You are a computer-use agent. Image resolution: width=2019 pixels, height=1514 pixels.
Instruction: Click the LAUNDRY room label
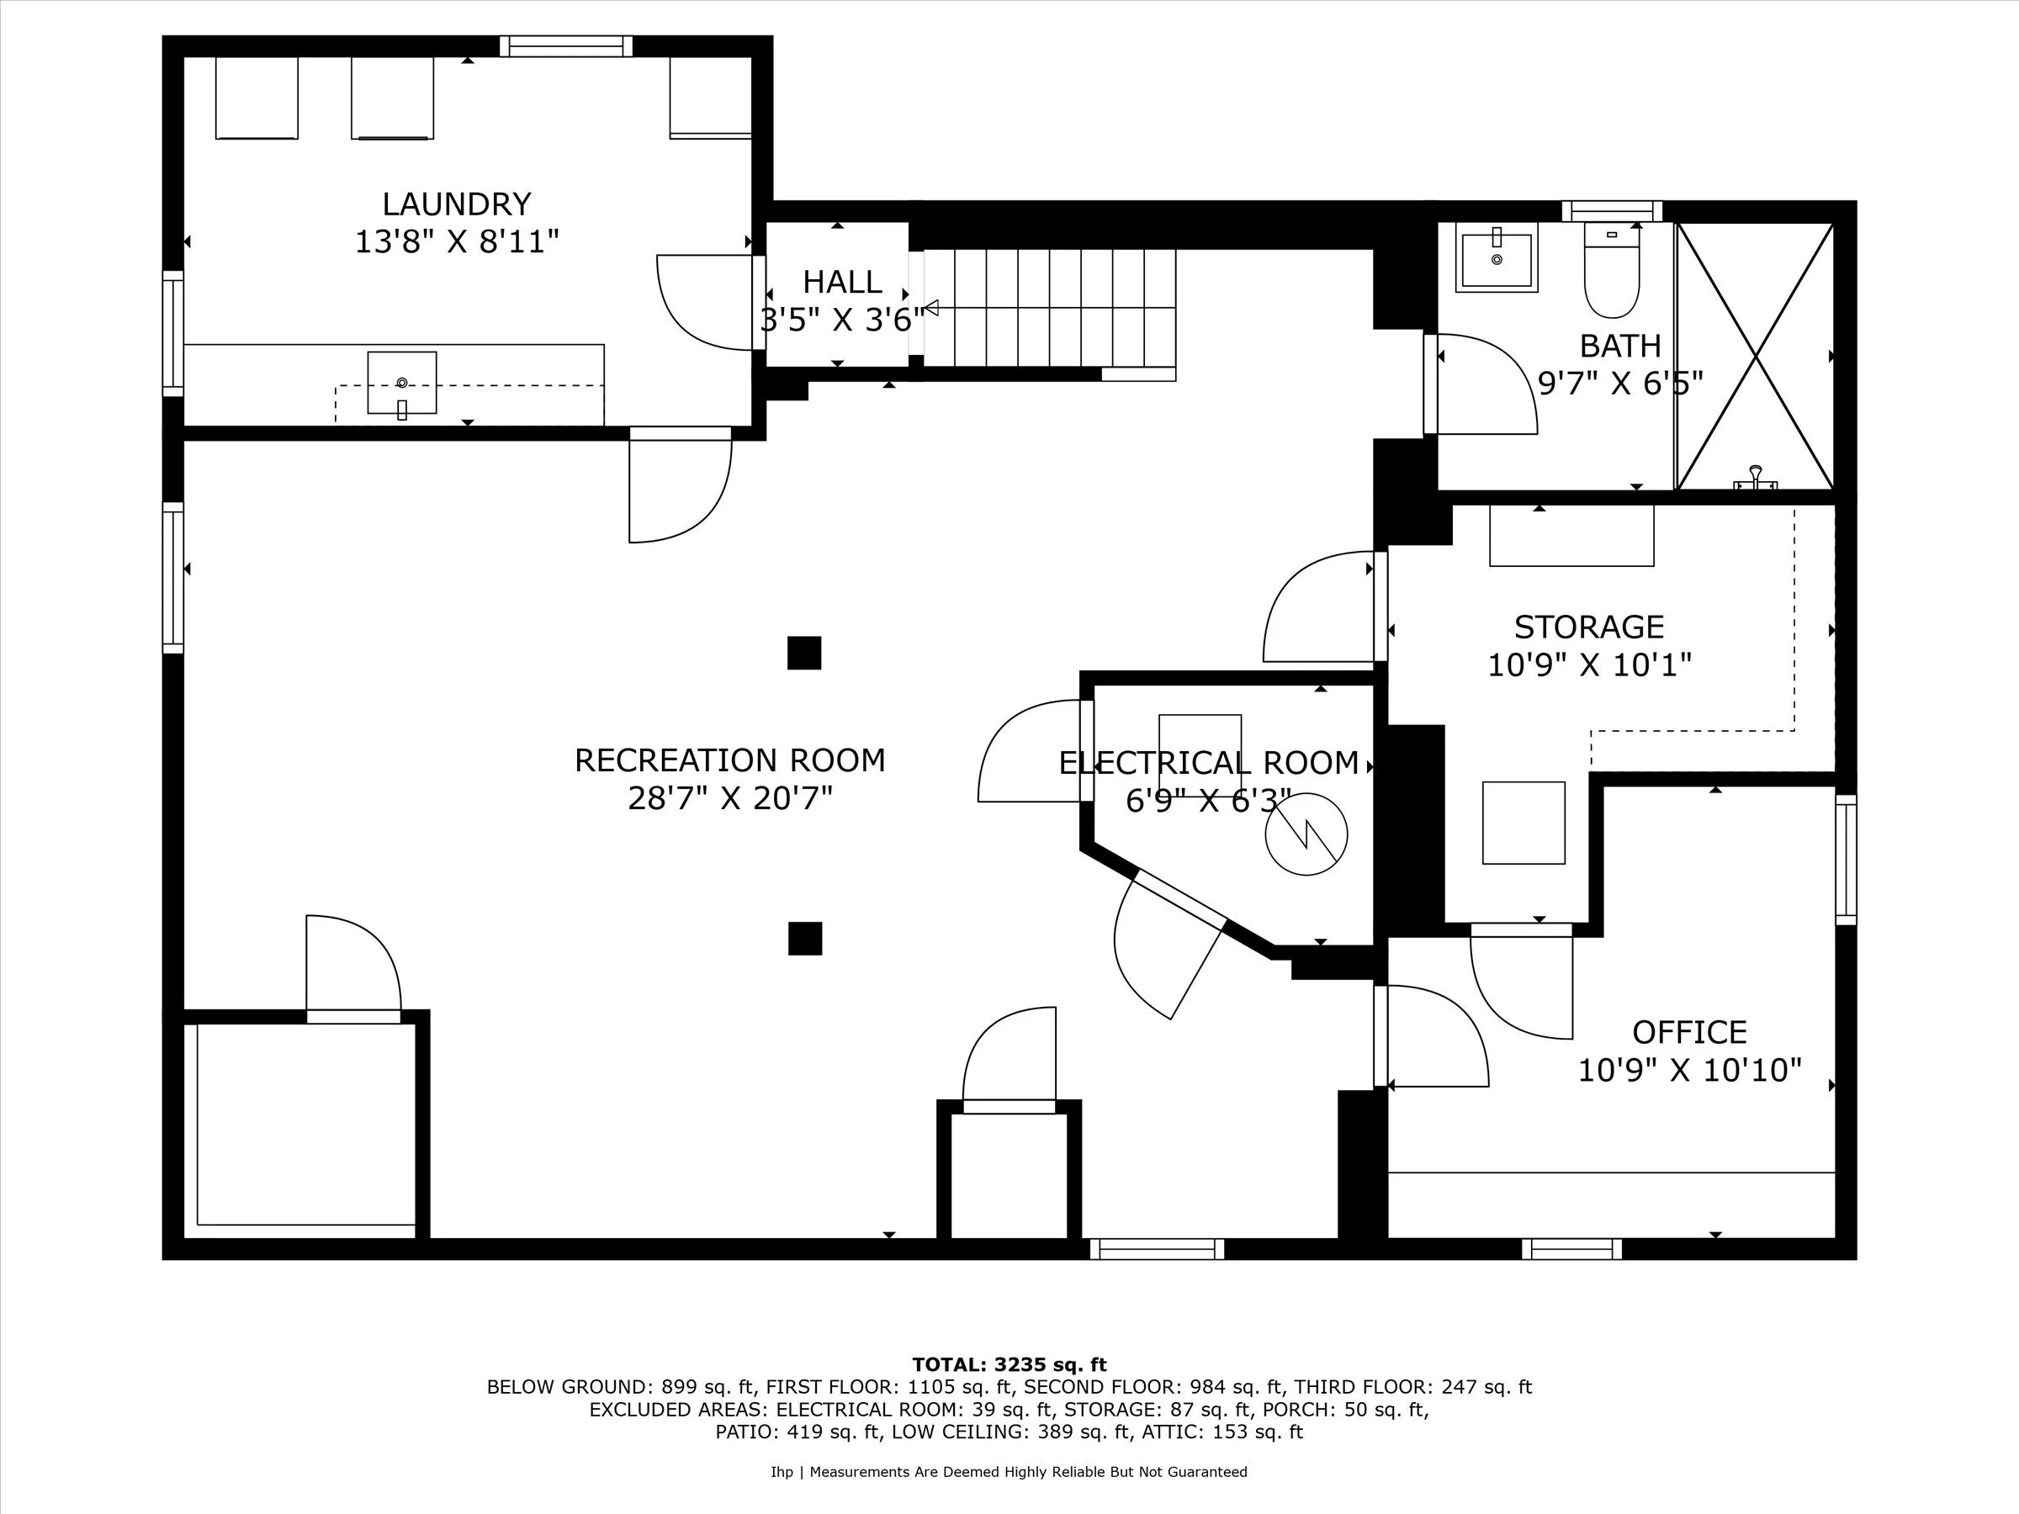pos(455,204)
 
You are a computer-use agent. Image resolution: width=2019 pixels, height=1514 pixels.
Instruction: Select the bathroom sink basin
pos(1496,260)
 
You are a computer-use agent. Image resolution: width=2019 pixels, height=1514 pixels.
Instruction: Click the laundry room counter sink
pos(401,384)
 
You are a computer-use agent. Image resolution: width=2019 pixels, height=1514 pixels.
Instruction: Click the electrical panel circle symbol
pos(1306,834)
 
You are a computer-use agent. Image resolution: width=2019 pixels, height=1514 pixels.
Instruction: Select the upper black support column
pos(804,653)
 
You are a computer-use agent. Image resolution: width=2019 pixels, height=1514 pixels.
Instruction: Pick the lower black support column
pos(805,938)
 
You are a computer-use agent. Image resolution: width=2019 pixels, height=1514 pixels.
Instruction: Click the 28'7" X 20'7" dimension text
pos(729,798)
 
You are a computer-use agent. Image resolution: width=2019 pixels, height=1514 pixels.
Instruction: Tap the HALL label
pos(841,282)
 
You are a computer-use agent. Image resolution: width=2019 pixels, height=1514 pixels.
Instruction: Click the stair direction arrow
pos(932,308)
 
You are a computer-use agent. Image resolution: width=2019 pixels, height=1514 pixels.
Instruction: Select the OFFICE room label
pos(1688,1032)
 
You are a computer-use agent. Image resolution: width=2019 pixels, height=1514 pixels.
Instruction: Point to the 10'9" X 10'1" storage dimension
pos(1589,665)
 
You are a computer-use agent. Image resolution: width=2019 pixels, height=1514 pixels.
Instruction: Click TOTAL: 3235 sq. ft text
pos(1009,1364)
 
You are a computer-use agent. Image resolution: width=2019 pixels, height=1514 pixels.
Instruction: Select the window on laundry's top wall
pos(566,45)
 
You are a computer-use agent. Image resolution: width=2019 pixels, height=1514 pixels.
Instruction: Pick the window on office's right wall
pos(1846,860)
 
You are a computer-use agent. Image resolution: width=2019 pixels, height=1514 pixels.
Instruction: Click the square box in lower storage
pos(1524,823)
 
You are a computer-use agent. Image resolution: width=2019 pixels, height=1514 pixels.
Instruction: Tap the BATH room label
pos(1620,346)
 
